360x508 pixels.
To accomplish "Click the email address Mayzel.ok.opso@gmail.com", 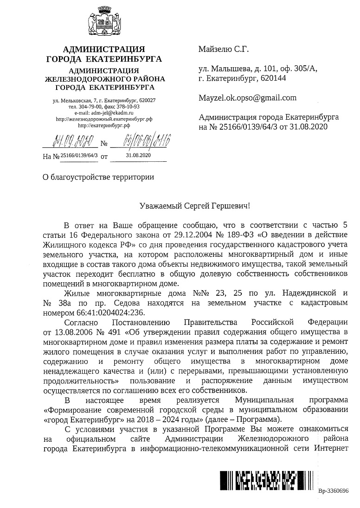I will point(247,98).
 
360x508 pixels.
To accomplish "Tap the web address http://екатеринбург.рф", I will point(104,125).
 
